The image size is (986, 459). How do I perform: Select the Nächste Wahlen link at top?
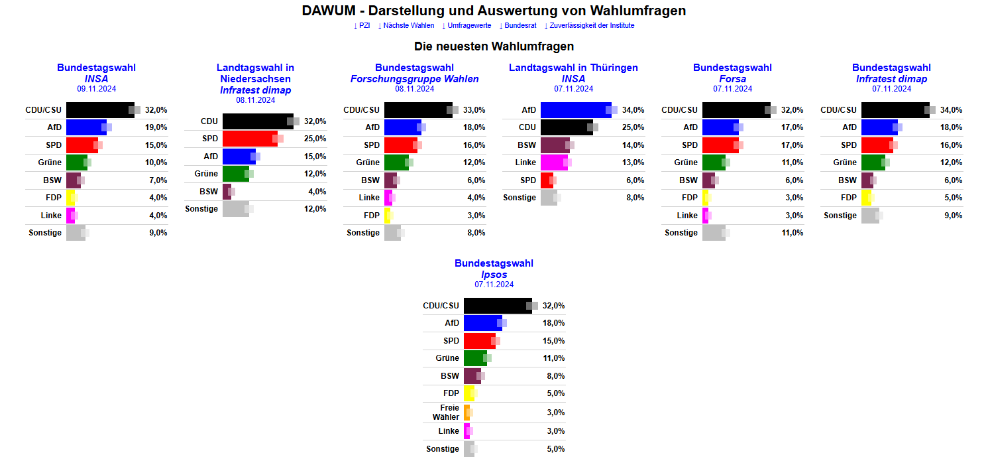click(x=406, y=26)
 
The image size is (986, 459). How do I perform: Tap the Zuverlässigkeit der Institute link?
click(x=589, y=26)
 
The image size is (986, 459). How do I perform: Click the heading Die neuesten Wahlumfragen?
click(x=494, y=46)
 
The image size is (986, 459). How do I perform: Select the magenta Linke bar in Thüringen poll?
click(x=554, y=163)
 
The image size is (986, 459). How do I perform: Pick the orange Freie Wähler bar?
click(x=466, y=413)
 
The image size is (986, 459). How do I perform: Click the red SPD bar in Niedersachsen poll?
click(x=249, y=139)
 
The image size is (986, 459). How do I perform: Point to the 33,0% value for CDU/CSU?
click(x=474, y=110)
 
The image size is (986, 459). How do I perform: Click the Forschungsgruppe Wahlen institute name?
click(x=414, y=79)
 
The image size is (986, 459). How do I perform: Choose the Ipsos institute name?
click(x=494, y=275)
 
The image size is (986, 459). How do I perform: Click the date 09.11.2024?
click(x=96, y=88)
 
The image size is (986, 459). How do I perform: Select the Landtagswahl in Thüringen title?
click(x=573, y=68)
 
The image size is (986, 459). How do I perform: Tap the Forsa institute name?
click(x=732, y=79)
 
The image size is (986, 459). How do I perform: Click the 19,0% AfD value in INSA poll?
click(x=156, y=127)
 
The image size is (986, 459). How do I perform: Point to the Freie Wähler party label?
click(x=445, y=412)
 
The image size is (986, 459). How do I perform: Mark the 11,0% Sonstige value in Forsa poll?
click(x=793, y=233)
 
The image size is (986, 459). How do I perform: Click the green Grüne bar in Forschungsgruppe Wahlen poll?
click(x=396, y=163)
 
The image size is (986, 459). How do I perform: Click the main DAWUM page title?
click(x=494, y=11)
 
